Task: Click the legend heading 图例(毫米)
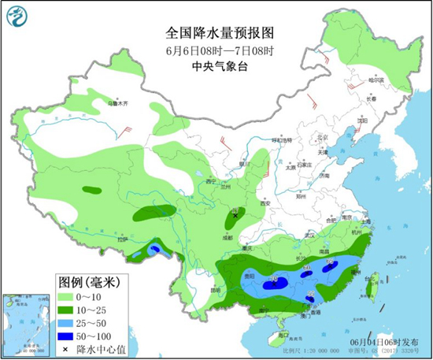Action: point(87,282)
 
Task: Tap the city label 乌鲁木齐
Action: point(118,103)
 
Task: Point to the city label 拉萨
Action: point(123,239)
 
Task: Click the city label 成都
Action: point(228,236)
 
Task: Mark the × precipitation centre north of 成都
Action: point(235,213)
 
